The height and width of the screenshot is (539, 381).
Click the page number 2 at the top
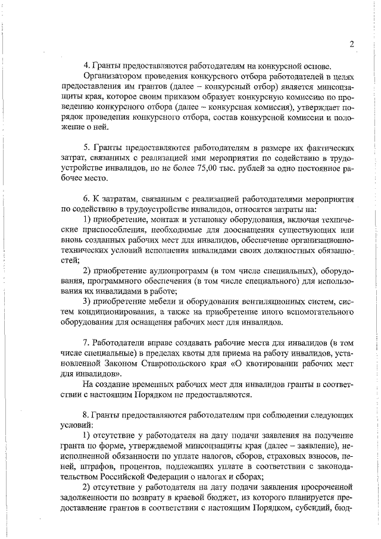pyautogui.click(x=352, y=43)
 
